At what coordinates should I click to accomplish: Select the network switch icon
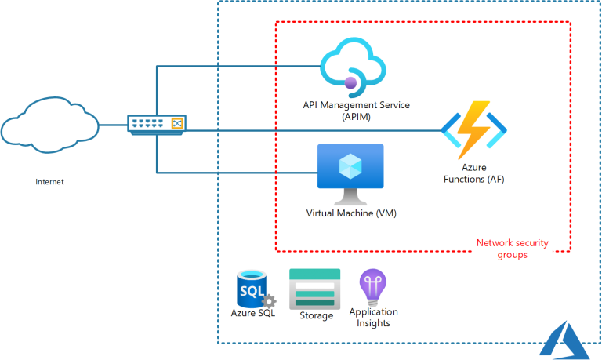coord(158,123)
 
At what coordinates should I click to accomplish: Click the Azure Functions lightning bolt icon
coord(473,130)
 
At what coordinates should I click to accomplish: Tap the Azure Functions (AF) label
coord(472,174)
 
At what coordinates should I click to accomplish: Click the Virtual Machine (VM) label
coord(350,213)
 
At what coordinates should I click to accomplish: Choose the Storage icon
coord(315,288)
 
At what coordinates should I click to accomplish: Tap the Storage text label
coord(315,315)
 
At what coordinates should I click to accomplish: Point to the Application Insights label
coord(372,318)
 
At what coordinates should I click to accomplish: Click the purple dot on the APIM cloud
coord(351,81)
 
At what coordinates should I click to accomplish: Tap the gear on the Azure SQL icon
coord(269,301)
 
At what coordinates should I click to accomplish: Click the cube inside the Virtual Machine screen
coord(350,165)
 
